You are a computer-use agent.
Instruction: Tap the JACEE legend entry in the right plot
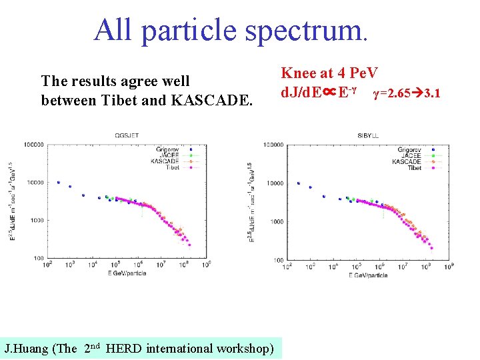[x=409, y=155]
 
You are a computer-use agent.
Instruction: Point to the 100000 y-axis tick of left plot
[x=32, y=144]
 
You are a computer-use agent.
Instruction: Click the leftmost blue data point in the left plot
[x=59, y=182]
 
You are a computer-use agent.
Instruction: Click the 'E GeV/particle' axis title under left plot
[x=128, y=273]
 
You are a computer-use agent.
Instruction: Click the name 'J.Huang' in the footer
[x=25, y=348]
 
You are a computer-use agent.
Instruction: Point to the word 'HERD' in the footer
[x=123, y=348]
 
